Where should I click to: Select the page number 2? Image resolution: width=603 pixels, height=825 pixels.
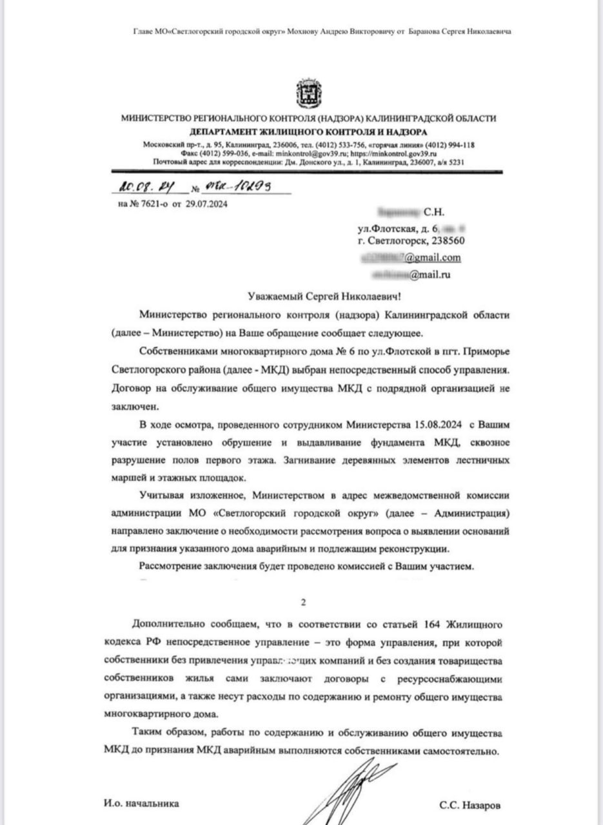tap(303, 603)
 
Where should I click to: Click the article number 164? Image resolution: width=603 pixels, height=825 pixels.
tap(432, 625)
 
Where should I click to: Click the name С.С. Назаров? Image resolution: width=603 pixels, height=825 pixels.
tap(470, 805)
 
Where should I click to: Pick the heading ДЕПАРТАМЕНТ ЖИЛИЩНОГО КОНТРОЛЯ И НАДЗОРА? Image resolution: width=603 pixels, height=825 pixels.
tap(309, 131)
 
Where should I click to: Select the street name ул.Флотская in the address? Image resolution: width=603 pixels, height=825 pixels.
tap(386, 228)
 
